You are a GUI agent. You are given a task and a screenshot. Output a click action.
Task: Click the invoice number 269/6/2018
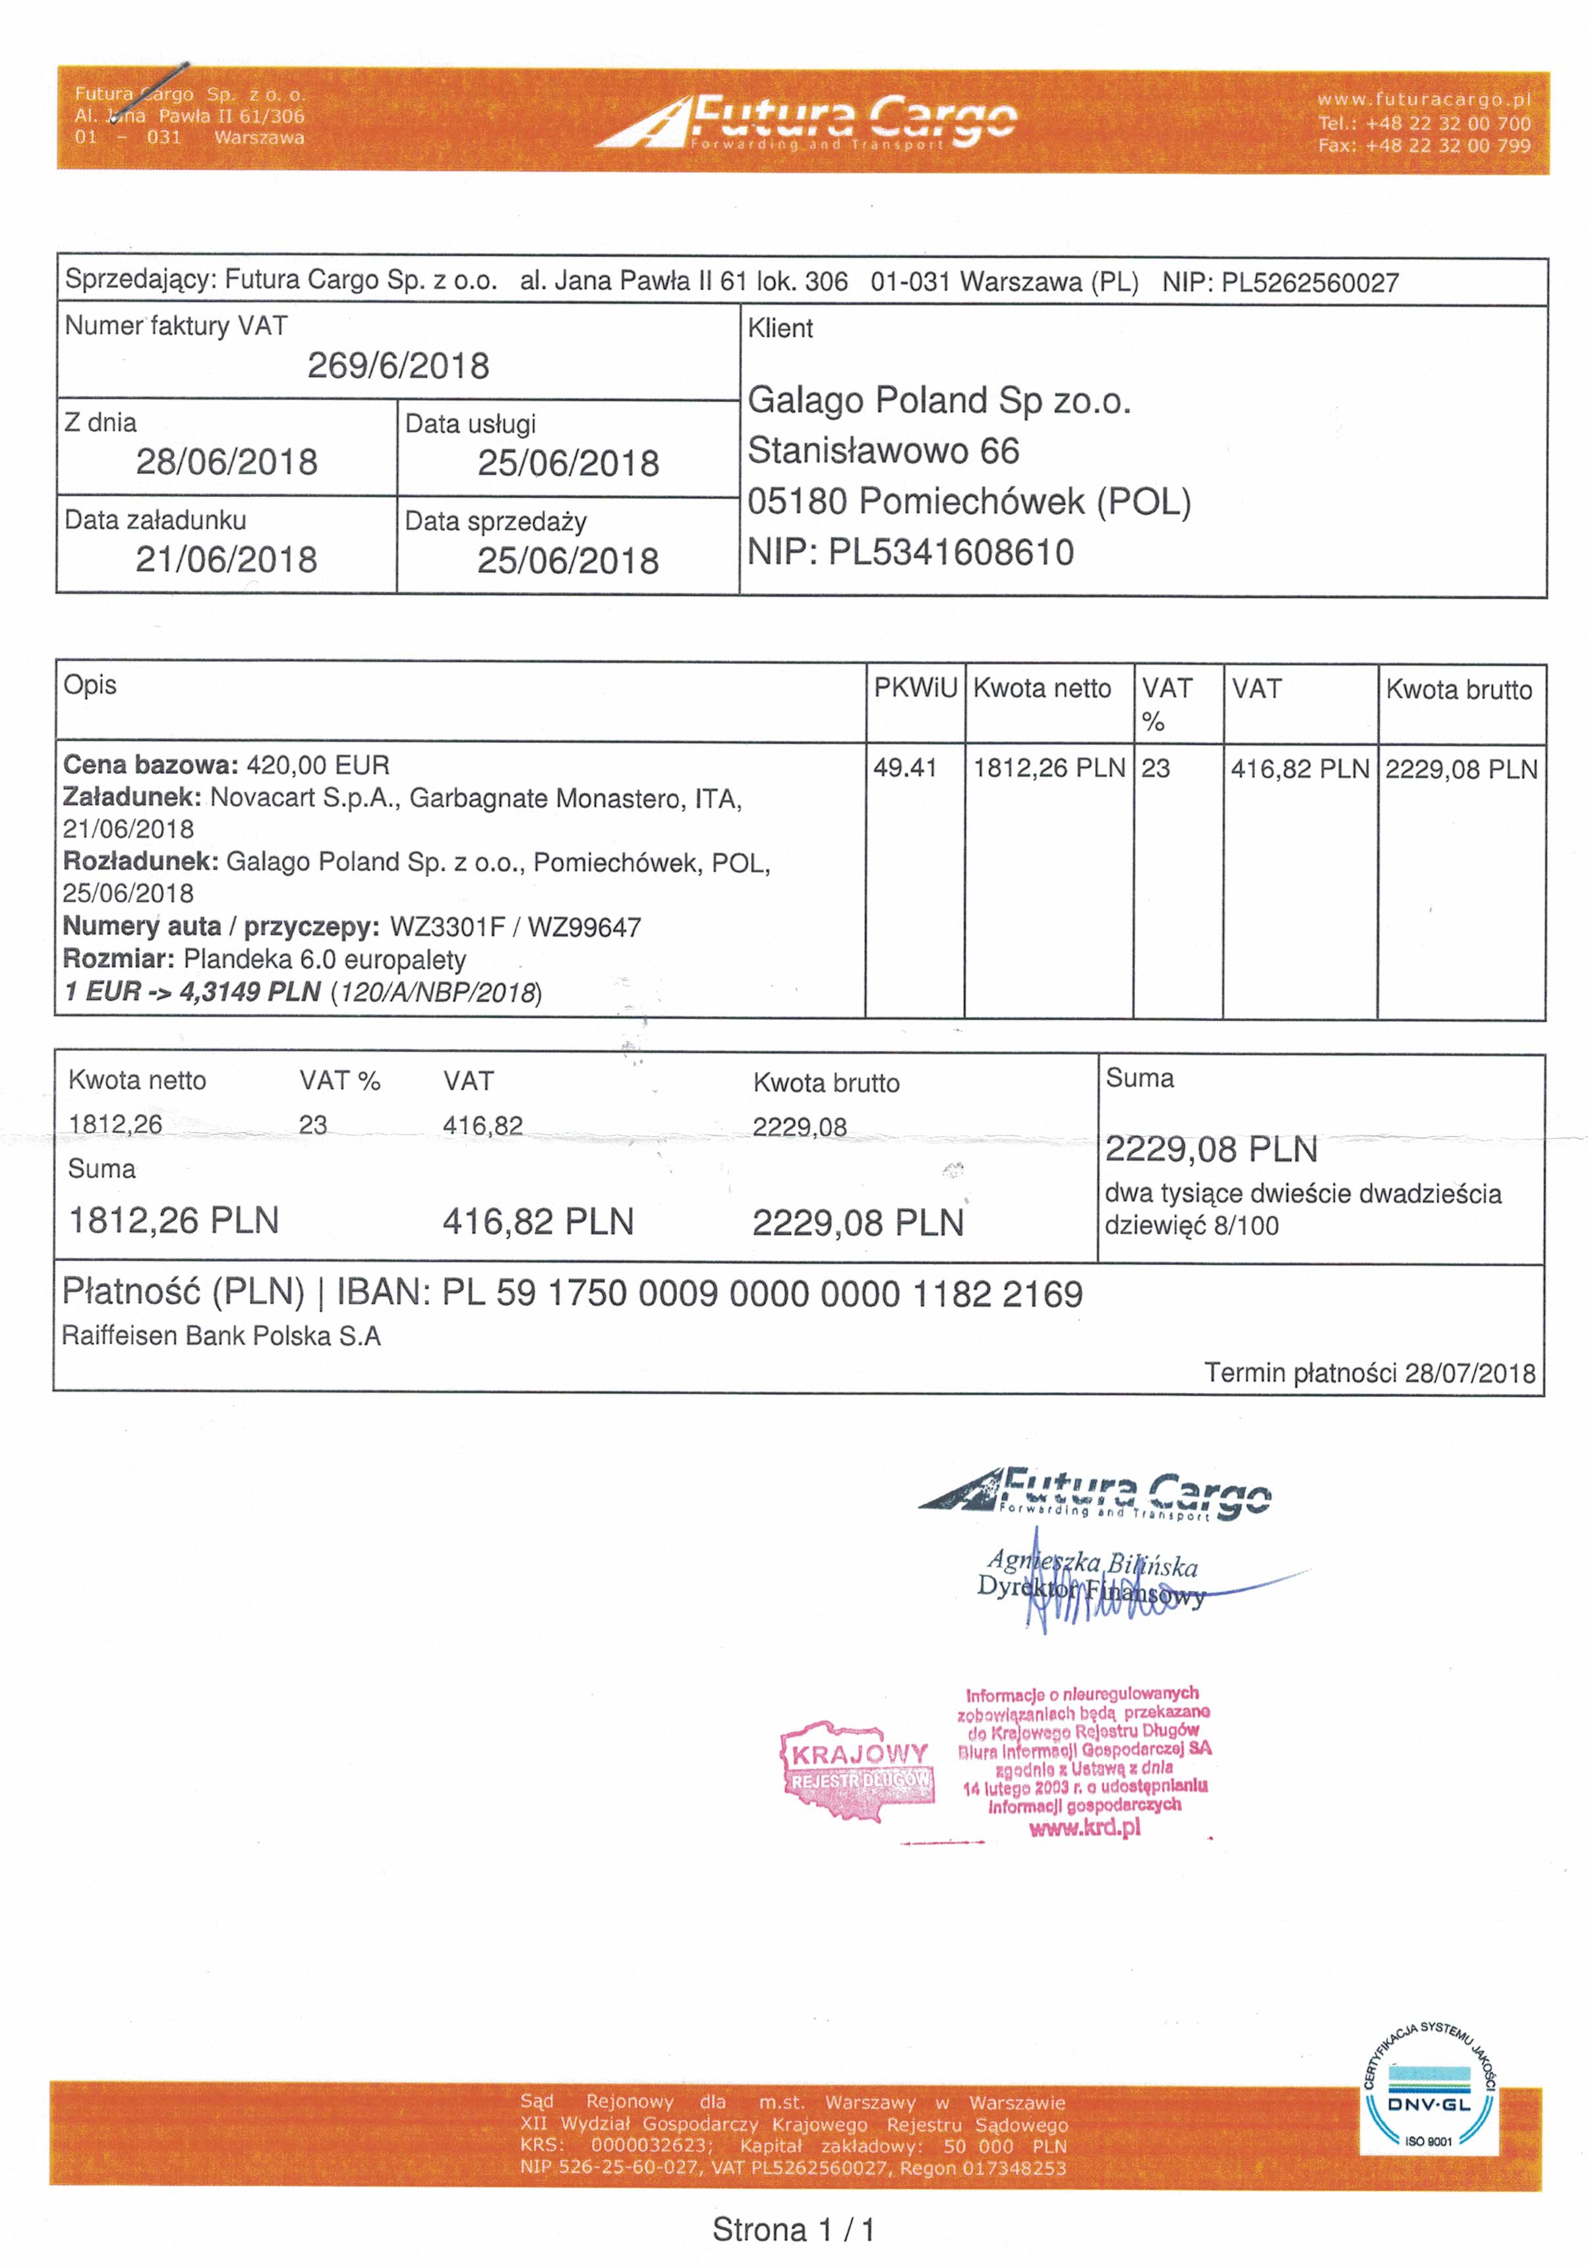pos(397,366)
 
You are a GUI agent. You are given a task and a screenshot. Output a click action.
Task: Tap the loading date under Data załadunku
pos(226,560)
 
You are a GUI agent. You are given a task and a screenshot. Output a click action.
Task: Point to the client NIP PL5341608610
pos(951,552)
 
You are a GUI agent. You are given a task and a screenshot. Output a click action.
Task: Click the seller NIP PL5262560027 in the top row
pos(1310,283)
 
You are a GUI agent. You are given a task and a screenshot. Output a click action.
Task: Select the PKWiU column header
pos(915,688)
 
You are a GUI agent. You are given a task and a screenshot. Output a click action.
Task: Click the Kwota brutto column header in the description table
pos(1459,690)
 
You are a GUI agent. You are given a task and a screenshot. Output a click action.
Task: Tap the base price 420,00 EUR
pos(318,765)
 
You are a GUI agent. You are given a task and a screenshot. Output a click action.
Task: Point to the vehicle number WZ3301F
pos(447,927)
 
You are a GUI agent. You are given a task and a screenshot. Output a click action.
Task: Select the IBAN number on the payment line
pos(762,1294)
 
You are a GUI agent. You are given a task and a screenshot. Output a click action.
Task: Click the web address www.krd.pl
pos(1084,1827)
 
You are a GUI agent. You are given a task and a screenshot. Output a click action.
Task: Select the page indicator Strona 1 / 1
pos(794,2230)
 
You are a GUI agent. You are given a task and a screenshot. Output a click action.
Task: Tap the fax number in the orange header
pos(1424,146)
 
